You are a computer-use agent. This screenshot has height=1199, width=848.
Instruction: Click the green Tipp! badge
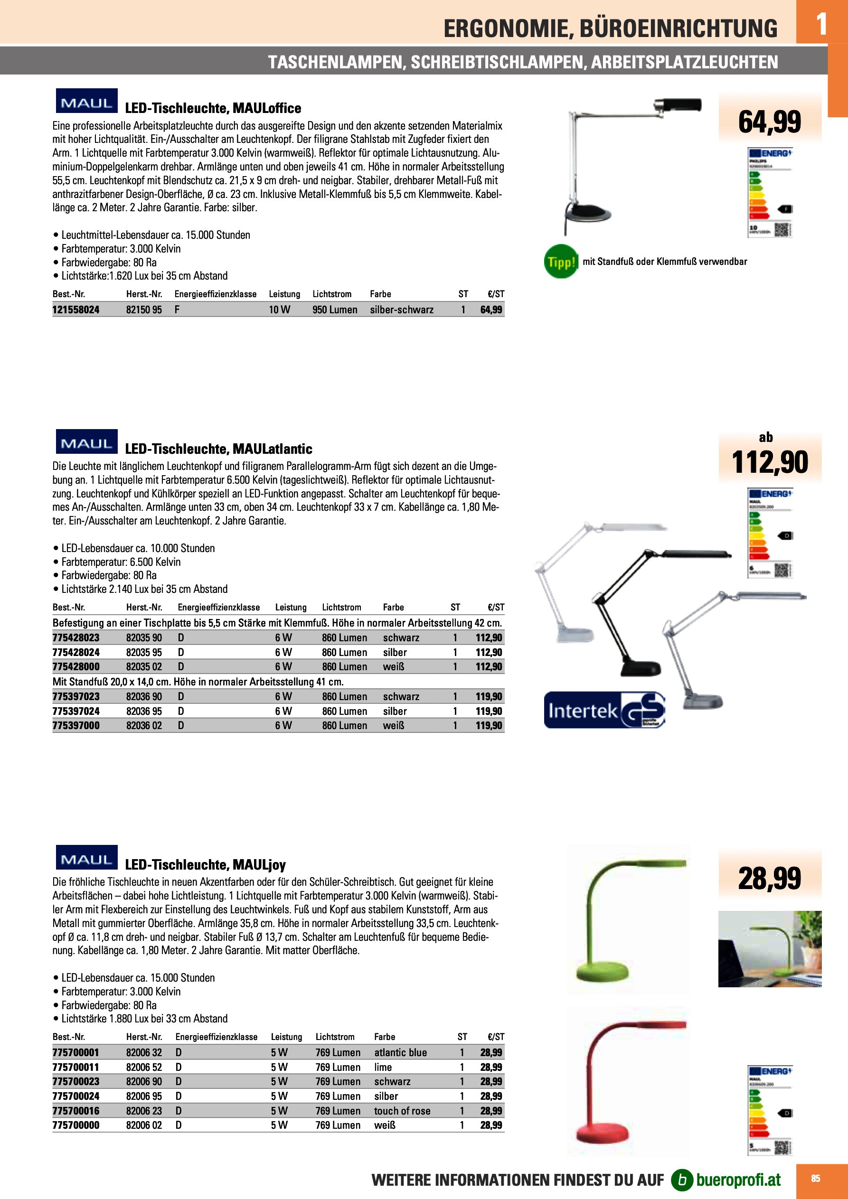click(x=561, y=261)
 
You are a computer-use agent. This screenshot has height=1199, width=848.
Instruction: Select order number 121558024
click(x=76, y=309)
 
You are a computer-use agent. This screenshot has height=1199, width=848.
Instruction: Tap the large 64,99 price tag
click(x=769, y=122)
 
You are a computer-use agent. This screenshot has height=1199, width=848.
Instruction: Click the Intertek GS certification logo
click(x=604, y=710)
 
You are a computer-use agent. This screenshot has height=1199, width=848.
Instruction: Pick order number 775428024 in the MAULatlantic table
click(x=76, y=652)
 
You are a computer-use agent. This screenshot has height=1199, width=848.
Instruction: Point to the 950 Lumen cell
click(x=334, y=309)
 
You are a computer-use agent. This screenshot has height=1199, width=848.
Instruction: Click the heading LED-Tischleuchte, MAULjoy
click(x=205, y=865)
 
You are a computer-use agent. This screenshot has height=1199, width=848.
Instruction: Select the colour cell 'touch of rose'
click(x=402, y=1111)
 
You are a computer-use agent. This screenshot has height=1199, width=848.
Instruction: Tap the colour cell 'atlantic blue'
click(x=400, y=1052)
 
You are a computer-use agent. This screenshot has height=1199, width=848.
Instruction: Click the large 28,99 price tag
click(x=769, y=878)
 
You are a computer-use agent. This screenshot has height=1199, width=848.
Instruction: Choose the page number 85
click(x=815, y=1179)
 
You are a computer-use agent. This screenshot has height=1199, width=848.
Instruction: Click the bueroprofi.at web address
click(x=738, y=1180)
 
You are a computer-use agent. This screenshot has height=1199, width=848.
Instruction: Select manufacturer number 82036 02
click(x=144, y=725)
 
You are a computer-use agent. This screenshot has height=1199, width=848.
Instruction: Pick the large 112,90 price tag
click(x=769, y=462)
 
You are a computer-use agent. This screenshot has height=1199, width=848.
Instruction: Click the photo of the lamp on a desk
click(x=769, y=949)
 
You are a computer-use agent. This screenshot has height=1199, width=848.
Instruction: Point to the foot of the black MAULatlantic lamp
click(x=641, y=668)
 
